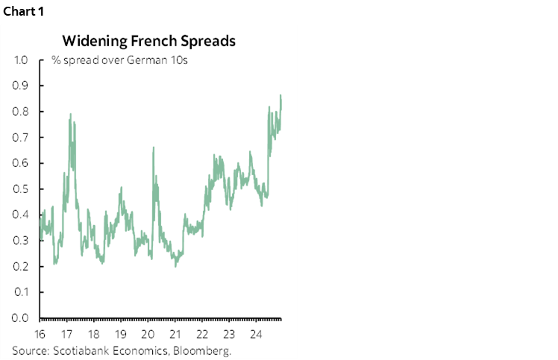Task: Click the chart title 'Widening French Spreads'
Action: coord(148,41)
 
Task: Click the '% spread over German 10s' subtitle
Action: coord(119,60)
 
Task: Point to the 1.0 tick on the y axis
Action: coord(21,60)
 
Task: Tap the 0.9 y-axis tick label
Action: coord(21,86)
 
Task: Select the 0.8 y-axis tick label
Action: coord(21,112)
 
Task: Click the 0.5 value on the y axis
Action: coord(21,189)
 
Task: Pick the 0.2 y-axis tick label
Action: coord(21,267)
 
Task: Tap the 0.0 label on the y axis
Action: coord(21,318)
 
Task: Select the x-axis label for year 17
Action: coord(66,332)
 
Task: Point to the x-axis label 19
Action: coord(120,332)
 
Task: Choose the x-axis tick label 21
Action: coord(175,332)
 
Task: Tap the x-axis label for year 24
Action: coord(256,332)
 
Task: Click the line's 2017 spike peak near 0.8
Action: coord(71,115)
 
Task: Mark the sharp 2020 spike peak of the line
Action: coord(153,148)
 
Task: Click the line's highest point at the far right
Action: coord(280,95)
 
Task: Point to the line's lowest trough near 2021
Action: coord(175,265)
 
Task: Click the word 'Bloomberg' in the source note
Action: coord(207,350)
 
